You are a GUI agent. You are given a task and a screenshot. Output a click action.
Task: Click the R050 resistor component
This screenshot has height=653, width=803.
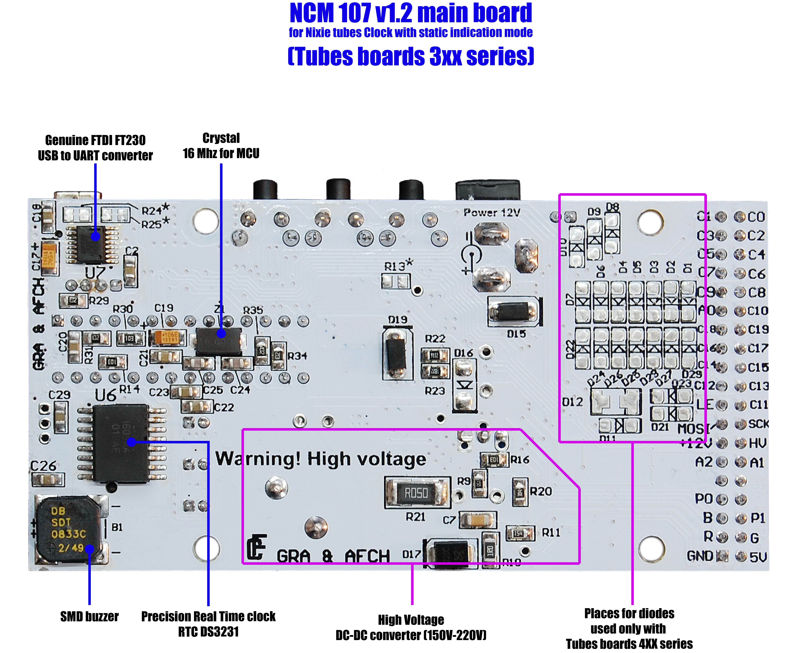pos(417,492)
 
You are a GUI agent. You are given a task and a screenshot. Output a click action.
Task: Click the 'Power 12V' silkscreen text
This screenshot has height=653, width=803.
pos(492,213)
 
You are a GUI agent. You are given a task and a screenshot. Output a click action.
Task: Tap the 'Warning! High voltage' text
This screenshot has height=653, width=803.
pos(321,459)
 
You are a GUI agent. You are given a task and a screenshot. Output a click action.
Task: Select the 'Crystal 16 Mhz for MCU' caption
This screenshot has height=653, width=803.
pos(221,146)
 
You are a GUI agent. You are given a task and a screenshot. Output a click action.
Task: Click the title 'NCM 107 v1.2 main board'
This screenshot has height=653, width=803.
pos(411,13)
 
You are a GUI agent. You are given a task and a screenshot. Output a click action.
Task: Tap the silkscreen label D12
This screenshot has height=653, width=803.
pos(572,402)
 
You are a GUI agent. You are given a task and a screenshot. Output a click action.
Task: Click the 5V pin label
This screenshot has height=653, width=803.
pos(758,557)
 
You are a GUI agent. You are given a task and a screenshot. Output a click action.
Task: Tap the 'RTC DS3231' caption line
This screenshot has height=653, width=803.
pos(208,632)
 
